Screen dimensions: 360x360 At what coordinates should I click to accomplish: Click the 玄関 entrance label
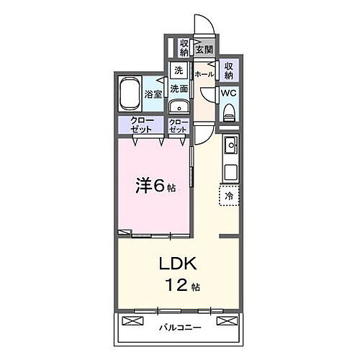click(x=204, y=50)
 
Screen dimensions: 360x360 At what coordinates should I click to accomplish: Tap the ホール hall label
click(x=204, y=74)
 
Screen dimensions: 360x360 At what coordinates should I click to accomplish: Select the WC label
click(x=228, y=93)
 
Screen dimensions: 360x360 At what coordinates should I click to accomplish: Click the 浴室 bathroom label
click(x=153, y=94)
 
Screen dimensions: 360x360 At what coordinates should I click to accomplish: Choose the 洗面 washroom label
click(x=179, y=89)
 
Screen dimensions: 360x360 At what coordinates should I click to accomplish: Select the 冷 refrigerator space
click(x=229, y=194)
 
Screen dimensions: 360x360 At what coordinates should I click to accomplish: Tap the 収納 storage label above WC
click(x=229, y=70)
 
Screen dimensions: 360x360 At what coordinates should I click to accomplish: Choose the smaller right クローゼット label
click(x=178, y=125)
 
